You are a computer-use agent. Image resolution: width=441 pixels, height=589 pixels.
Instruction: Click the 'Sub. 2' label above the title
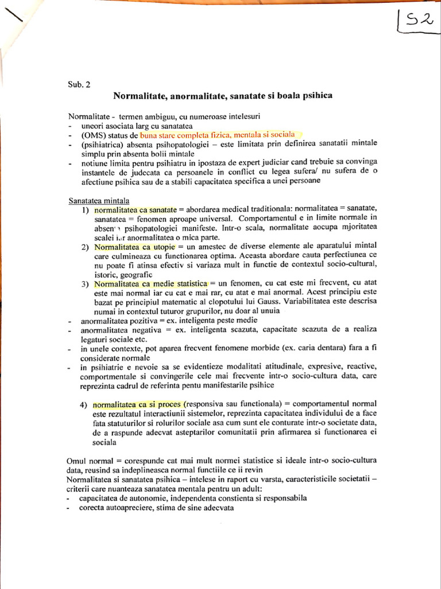pyautogui.click(x=79, y=85)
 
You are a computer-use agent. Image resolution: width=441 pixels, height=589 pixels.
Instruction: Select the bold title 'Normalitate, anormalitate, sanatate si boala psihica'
pyautogui.click(x=223, y=95)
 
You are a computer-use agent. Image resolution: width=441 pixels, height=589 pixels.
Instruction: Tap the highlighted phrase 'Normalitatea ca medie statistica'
pyautogui.click(x=150, y=284)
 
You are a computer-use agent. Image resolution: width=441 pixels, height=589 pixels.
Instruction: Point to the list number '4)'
pyautogui.click(x=84, y=404)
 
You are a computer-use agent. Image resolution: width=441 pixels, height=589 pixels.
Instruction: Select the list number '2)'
pyautogui.click(x=84, y=247)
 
